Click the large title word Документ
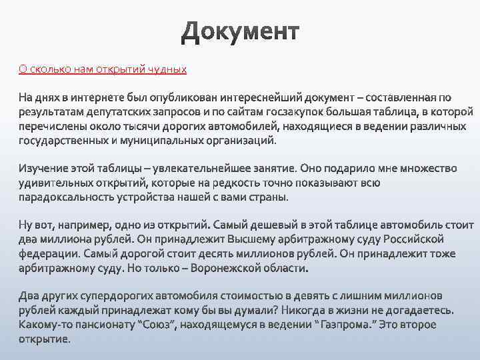240,32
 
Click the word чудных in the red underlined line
169,69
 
